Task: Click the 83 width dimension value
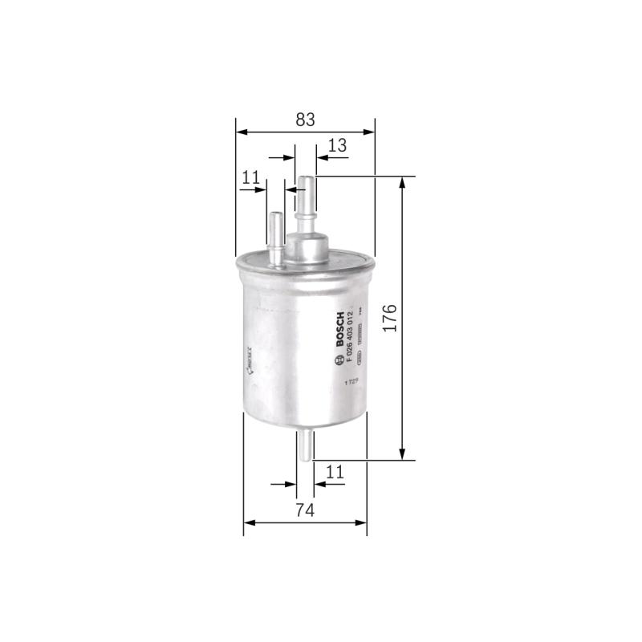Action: point(304,120)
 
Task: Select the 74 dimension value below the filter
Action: point(303,511)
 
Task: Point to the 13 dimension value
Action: point(338,145)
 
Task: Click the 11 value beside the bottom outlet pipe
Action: point(335,473)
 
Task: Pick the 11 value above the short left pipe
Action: point(251,179)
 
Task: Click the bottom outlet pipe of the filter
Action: point(305,445)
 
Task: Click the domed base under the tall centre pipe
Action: point(307,245)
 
